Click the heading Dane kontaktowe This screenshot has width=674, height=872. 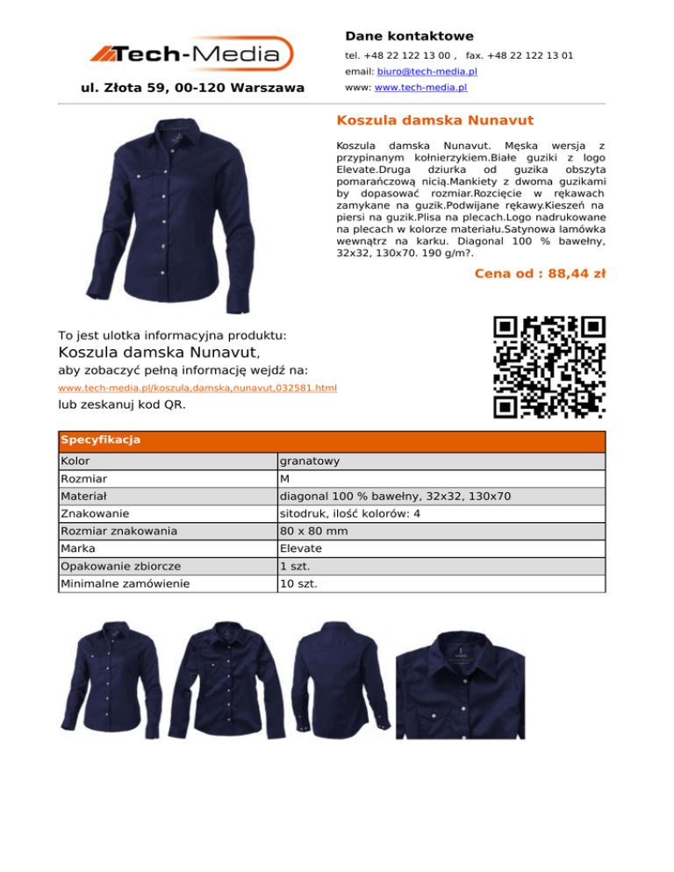pos(409,36)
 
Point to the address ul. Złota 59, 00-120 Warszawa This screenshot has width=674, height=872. pos(192,88)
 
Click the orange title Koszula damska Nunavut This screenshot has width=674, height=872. pos(435,119)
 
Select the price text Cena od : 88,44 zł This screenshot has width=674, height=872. pos(540,273)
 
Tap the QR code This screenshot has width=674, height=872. pos(549,366)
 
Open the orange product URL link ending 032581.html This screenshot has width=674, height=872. pos(197,387)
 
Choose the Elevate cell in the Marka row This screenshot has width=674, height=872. pos(300,548)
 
